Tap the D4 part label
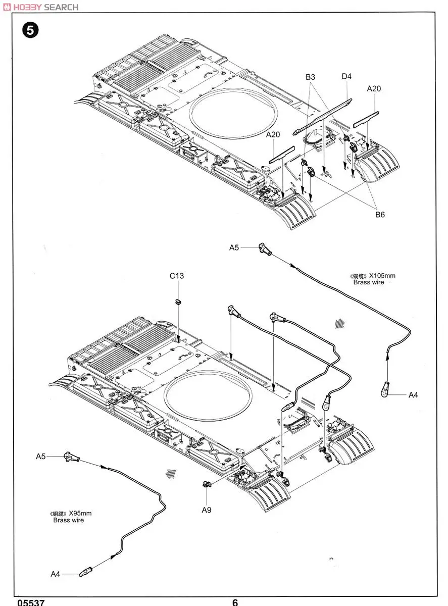coord(346,76)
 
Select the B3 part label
coord(310,77)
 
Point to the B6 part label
coord(379,214)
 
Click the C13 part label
coord(177,276)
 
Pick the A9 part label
coord(206,510)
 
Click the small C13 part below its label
coord(178,301)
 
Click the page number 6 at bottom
coord(235,602)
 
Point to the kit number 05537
coord(31,602)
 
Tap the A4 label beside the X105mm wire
coord(413,395)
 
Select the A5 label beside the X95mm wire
coord(41,456)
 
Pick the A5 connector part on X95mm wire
coord(70,458)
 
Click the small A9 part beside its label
coord(206,485)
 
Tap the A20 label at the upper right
coord(374,88)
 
